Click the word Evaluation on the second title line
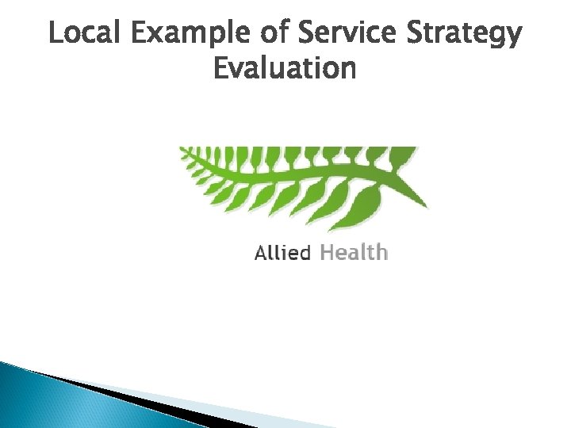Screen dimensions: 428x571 tap(285, 70)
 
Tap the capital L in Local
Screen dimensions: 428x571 tap(54, 34)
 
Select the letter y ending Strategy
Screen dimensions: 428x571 tap(515, 38)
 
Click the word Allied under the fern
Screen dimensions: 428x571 tap(282, 253)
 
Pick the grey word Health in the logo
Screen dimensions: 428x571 tap(353, 253)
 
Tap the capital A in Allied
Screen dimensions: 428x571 tap(260, 254)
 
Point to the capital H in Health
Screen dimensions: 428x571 tap(324, 253)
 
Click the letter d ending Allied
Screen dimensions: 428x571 tap(305, 253)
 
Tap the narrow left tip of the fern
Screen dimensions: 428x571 tap(182, 149)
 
